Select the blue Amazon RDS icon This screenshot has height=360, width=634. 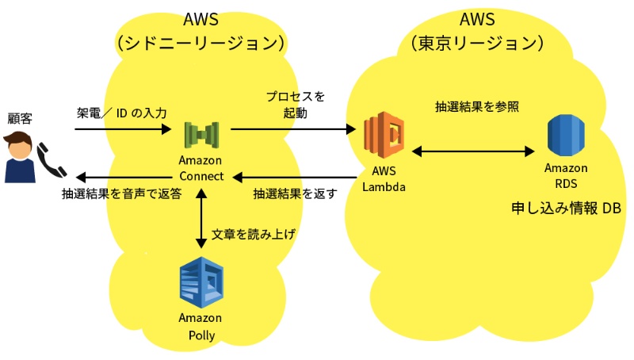point(566,136)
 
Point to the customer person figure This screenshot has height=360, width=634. point(19,158)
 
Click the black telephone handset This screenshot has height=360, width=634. point(52,159)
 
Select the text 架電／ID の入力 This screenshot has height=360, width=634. point(121,113)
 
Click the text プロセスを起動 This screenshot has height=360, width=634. point(295,105)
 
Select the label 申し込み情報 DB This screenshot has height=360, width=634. point(566,209)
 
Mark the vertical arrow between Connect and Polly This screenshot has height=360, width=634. point(201,219)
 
